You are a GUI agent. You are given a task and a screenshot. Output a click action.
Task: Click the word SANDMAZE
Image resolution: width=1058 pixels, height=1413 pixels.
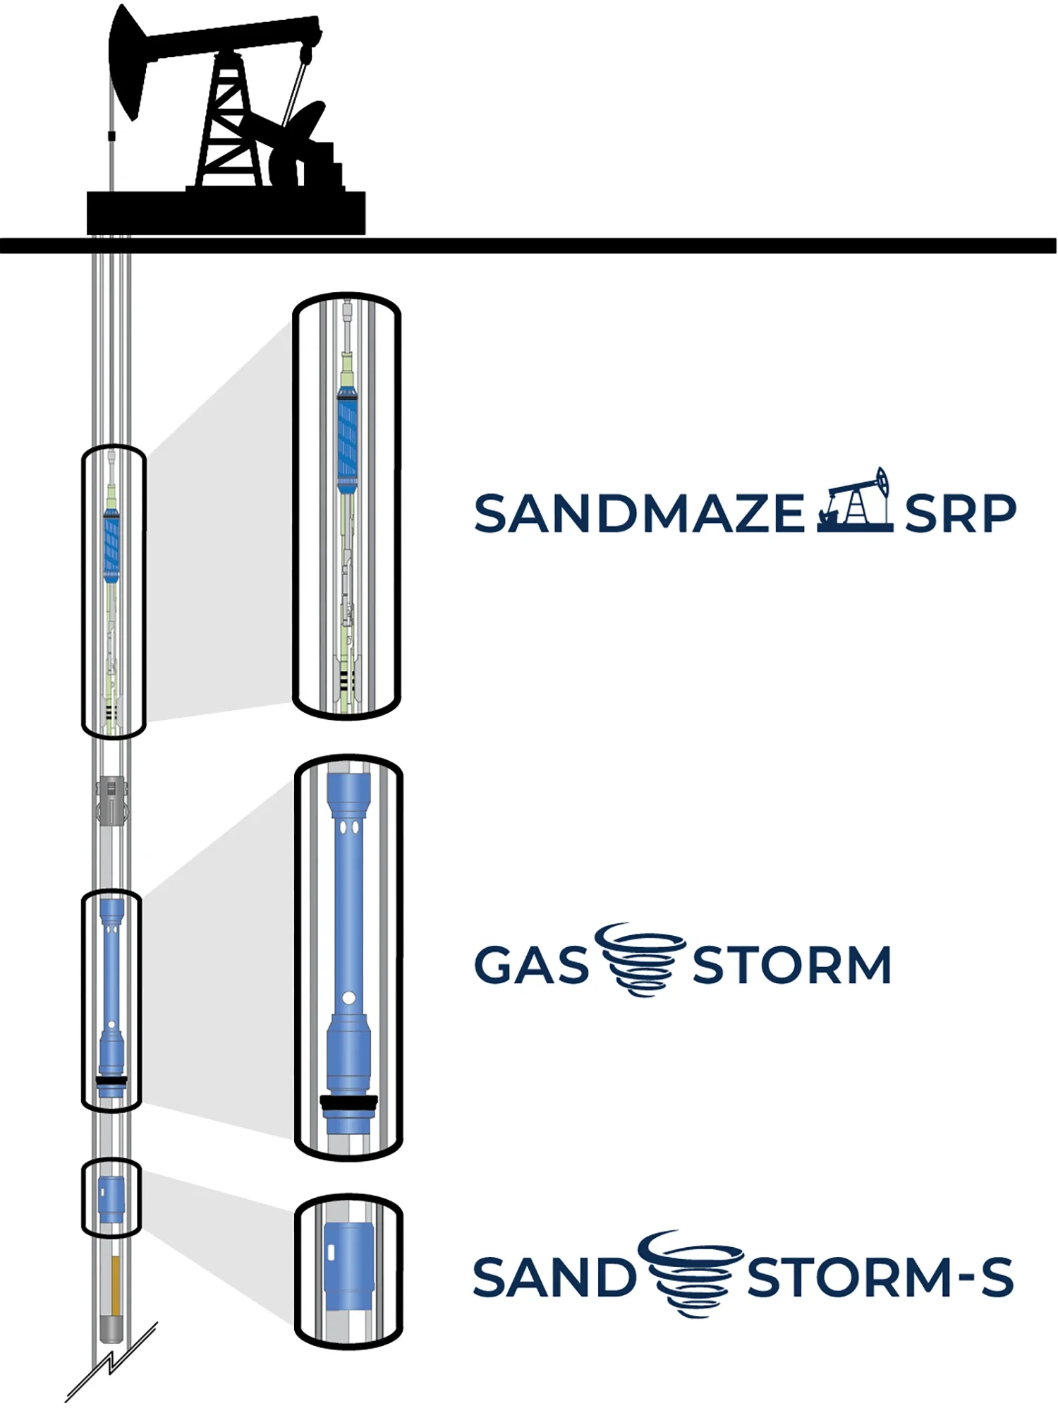click(639, 513)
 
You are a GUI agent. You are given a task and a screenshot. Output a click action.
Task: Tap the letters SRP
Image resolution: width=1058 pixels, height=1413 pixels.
click(960, 513)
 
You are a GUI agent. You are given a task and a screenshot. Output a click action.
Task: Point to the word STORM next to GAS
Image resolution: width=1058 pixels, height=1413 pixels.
click(792, 965)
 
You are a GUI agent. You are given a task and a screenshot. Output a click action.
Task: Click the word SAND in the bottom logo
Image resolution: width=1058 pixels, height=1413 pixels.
click(554, 1277)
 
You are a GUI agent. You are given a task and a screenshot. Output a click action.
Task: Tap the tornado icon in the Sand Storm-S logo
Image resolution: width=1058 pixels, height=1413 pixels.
click(692, 1274)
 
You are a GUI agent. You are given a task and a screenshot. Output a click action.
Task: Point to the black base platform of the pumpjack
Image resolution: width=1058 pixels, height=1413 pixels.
click(226, 212)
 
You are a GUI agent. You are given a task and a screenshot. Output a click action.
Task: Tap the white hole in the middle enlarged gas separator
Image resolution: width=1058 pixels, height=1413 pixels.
click(348, 998)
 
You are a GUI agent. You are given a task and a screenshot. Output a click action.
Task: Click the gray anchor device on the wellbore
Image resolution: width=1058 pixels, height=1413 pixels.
click(112, 800)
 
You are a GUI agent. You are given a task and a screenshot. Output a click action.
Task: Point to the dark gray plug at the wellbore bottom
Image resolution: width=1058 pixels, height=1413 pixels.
click(111, 1328)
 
